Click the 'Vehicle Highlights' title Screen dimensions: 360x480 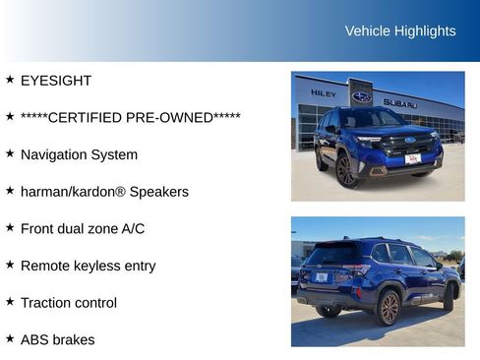click(x=400, y=31)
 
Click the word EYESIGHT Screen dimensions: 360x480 click(x=56, y=81)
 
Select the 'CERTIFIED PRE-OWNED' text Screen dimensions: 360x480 click(x=131, y=118)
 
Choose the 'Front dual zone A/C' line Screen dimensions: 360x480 click(x=83, y=229)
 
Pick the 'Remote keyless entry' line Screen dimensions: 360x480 click(x=88, y=266)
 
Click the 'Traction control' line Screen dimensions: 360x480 click(x=69, y=303)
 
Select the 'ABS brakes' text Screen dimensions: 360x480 click(x=58, y=340)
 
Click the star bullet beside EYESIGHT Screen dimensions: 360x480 click(x=10, y=80)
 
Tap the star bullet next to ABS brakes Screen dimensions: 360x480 click(x=10, y=339)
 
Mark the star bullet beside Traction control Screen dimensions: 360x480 click(x=10, y=302)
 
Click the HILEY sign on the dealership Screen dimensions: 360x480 click(x=323, y=93)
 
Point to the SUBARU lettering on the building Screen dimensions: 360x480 click(x=400, y=103)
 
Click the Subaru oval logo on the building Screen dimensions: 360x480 click(x=362, y=96)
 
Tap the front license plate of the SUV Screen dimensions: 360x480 click(x=412, y=158)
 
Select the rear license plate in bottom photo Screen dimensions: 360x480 click(x=322, y=277)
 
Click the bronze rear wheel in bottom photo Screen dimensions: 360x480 click(x=388, y=308)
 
